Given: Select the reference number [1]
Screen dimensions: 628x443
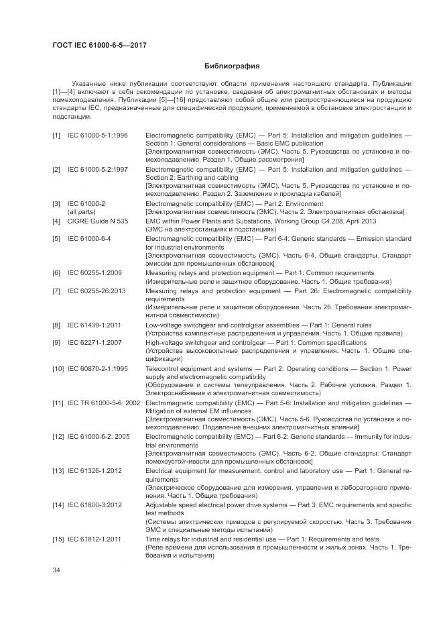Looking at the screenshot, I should [56, 136].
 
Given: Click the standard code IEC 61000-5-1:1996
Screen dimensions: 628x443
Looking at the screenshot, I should [99, 136].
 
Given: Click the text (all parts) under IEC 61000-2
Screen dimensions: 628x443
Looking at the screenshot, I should [81, 211].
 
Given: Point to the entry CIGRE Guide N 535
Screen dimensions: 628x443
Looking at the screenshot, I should [97, 220].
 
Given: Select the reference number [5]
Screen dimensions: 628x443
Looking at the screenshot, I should [56, 238].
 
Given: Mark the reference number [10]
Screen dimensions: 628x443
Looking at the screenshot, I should [58, 369].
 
